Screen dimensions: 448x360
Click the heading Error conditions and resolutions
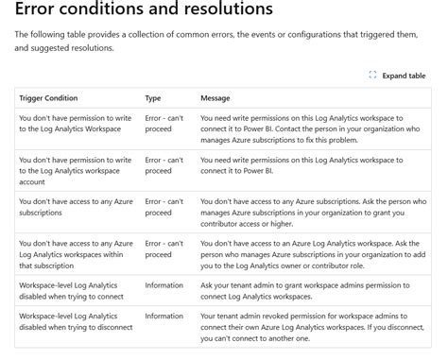[144, 12]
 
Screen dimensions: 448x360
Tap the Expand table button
[404, 76]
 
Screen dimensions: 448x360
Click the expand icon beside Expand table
[372, 76]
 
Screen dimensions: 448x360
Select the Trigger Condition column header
[48, 97]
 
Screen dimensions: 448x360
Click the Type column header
[153, 97]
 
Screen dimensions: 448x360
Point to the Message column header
[216, 97]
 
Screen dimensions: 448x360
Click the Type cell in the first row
[164, 126]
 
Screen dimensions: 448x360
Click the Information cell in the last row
[164, 317]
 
